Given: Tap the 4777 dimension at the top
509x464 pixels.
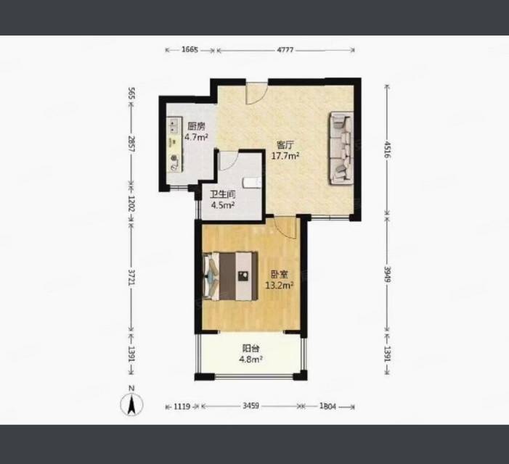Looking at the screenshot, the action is pos(285,50).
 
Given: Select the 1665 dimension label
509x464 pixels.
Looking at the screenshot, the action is pos(190,49).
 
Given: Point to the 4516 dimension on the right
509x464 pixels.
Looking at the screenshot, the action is pos(387,149).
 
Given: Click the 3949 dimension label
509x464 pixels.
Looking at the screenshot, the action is pos(387,274).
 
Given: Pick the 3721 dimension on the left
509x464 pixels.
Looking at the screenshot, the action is pos(131,278).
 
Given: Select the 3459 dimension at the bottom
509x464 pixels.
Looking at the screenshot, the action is pos(251,406).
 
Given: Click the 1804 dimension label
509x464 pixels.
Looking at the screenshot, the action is pos(327,406).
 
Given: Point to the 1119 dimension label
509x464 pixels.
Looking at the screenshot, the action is pos(182,406).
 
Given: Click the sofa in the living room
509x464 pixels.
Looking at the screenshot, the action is pos(341,148).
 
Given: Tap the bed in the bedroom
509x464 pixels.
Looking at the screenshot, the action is pos(230,275).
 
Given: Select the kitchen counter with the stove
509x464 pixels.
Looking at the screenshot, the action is pos(174,144).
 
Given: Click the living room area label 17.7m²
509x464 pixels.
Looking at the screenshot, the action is pos(285,156).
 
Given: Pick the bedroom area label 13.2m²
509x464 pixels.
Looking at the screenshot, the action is pos(280,285).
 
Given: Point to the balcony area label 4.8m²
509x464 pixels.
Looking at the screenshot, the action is pos(251,359).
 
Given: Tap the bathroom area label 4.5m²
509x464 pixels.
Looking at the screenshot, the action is pos(223,204).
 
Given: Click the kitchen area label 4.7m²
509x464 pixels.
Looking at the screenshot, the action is pos(196,137).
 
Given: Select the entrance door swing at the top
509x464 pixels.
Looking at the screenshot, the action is pos(256,94).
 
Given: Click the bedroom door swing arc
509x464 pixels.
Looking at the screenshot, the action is pos(285,228).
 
